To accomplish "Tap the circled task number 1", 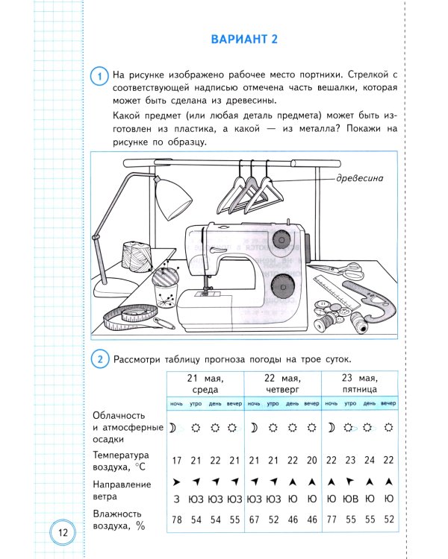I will pyautogui.click(x=98, y=75).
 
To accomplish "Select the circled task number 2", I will pyautogui.click(x=98, y=359).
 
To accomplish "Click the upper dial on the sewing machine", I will pyautogui.click(x=281, y=239).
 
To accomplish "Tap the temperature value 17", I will pyautogui.click(x=177, y=461).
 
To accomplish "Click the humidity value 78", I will pyautogui.click(x=177, y=518).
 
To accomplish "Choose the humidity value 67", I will pyautogui.click(x=254, y=518).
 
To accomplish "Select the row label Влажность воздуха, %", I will pyautogui.click(x=119, y=519).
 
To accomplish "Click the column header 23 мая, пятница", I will pyautogui.click(x=359, y=383).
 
